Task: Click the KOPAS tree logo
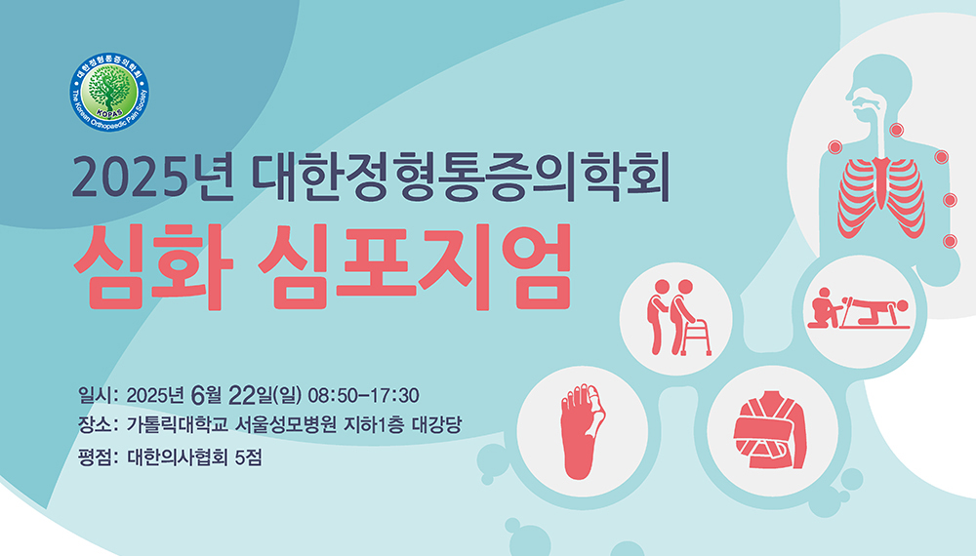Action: pos(109,92)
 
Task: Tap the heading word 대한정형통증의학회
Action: pos(462,177)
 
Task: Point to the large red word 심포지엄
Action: pos(415,267)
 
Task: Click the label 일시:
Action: pos(98,395)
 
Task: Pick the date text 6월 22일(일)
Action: pos(247,394)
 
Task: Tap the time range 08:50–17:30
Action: pos(363,396)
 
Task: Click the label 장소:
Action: pos(98,425)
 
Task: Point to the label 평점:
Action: pos(98,457)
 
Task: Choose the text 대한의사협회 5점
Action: pos(194,457)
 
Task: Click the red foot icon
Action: pos(582,431)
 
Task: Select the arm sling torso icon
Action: pos(772,430)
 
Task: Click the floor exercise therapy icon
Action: pos(859,308)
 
